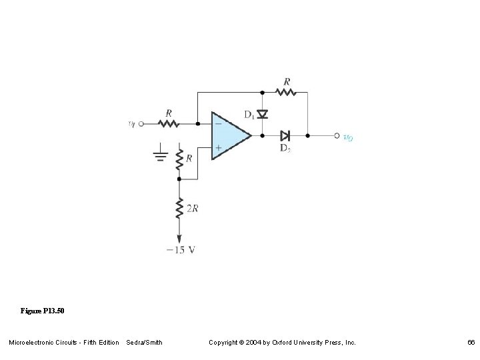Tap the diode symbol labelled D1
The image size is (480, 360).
pos(263,115)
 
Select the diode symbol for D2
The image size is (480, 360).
pos(285,135)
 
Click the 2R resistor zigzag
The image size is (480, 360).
pos(179,208)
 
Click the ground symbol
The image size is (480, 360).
pos(160,157)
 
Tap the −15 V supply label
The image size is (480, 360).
pos(180,250)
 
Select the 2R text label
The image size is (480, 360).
pos(192,209)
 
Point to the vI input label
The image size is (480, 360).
pos(131,123)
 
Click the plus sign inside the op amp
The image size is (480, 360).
pos(218,147)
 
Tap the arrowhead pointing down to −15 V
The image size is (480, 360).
pos(179,238)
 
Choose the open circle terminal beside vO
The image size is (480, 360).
pos(337,135)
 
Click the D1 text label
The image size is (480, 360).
pos(249,115)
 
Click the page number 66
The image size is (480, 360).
pos(471,343)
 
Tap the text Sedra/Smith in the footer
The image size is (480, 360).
pos(144,343)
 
